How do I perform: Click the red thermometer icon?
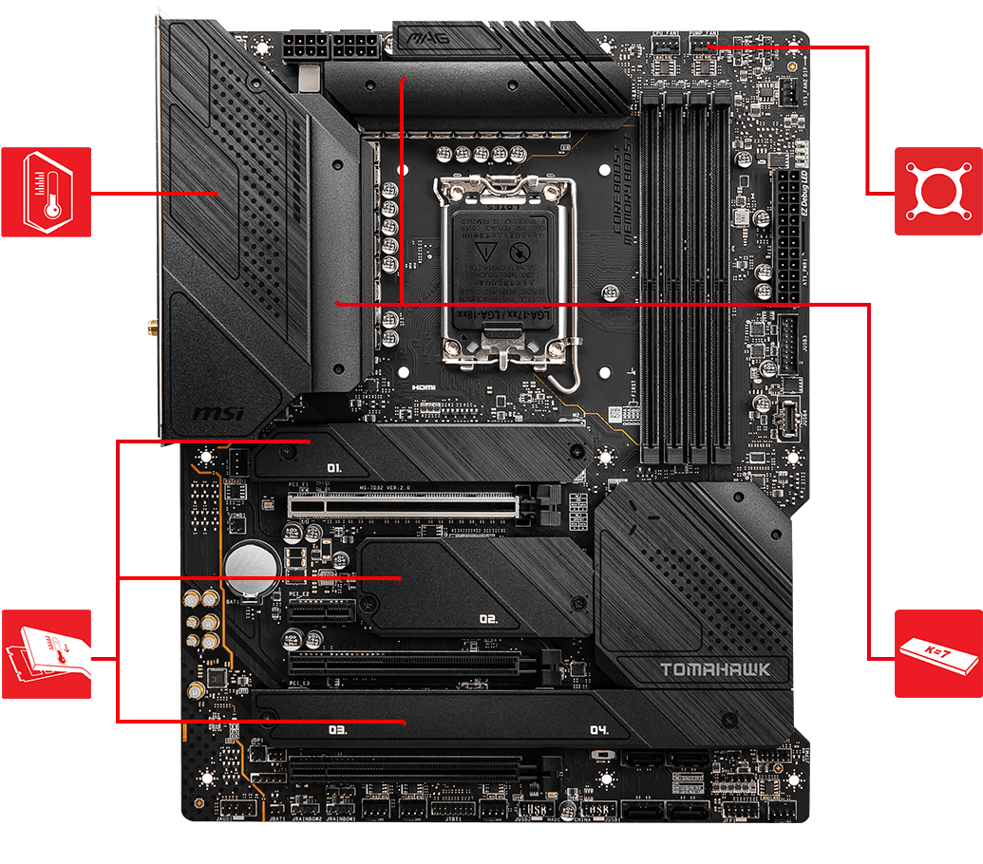click(x=46, y=192)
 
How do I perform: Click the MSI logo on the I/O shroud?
click(x=219, y=414)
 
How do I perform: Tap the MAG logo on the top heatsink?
click(x=428, y=39)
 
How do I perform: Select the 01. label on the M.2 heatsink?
click(x=334, y=468)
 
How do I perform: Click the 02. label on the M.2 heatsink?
click(x=488, y=619)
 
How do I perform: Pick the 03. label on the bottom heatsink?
click(x=337, y=731)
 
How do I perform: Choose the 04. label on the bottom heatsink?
click(x=597, y=731)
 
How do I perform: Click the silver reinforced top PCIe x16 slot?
click(x=408, y=505)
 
